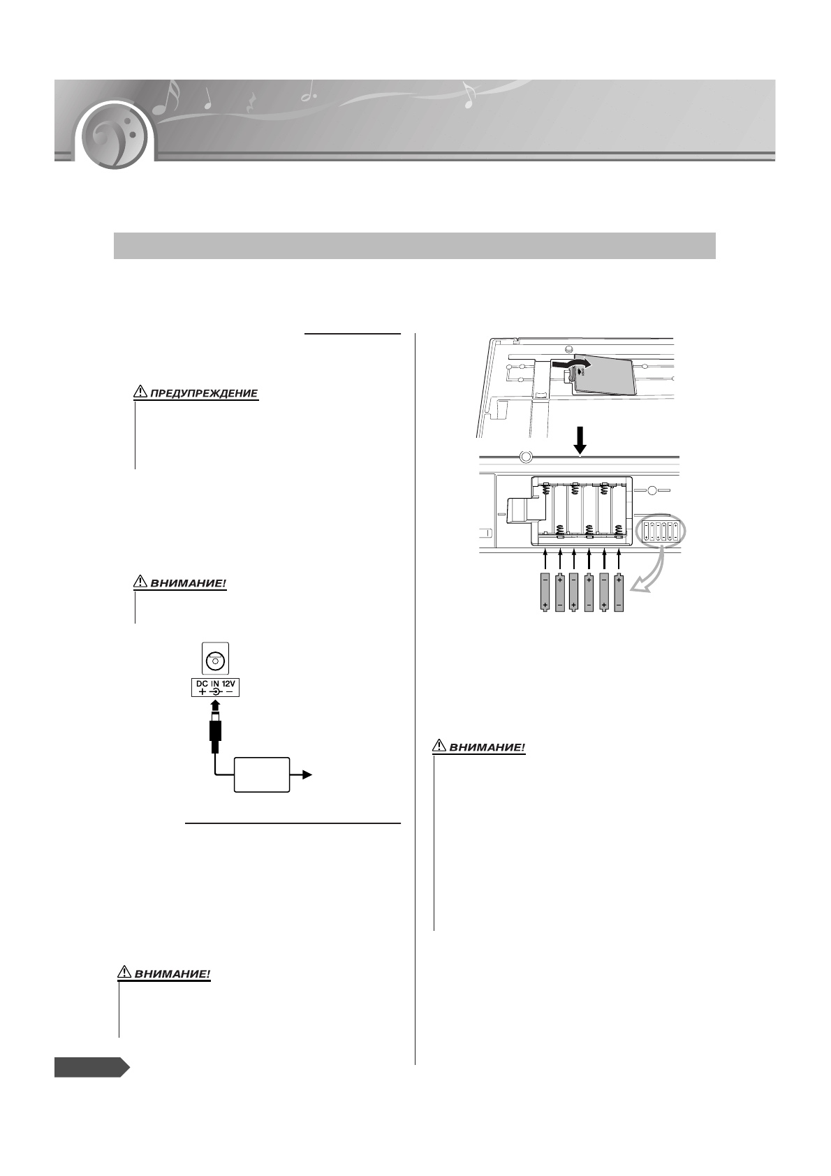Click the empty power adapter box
[262, 774]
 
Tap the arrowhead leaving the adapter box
[307, 775]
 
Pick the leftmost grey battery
[545, 592]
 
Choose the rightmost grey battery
[619, 592]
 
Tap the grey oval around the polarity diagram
[661, 532]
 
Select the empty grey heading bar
[415, 246]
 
